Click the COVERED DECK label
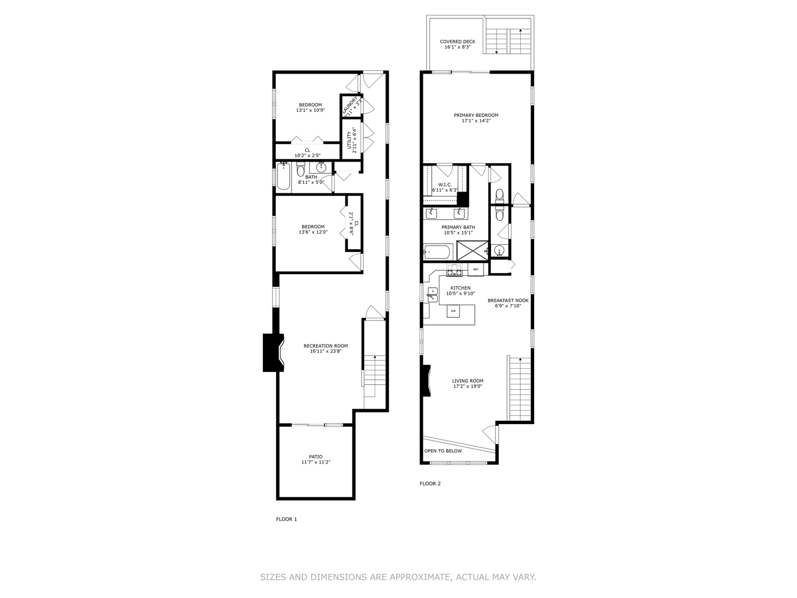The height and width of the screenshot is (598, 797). click(x=457, y=42)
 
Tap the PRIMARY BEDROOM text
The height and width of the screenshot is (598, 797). click(x=476, y=115)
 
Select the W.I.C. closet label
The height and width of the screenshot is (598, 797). click(x=445, y=185)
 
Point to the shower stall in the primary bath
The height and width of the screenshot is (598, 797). click(x=472, y=250)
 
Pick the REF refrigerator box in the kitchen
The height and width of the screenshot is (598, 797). click(x=475, y=270)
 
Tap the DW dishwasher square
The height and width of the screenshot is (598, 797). click(x=453, y=311)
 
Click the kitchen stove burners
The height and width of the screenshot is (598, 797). click(x=454, y=271)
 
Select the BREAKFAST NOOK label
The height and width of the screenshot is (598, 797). click(x=508, y=301)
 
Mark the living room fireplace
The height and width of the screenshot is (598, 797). click(x=426, y=381)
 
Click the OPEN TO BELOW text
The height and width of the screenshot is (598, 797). click(x=443, y=451)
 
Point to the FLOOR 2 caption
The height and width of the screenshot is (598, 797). click(x=430, y=483)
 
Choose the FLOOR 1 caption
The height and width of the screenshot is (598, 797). click(x=287, y=519)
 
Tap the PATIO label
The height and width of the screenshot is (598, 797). click(x=315, y=457)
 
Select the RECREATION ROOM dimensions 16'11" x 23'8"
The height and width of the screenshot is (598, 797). click(x=325, y=351)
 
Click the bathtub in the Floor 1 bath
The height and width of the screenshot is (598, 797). click(x=284, y=177)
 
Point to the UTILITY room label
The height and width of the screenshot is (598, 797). click(x=349, y=139)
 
